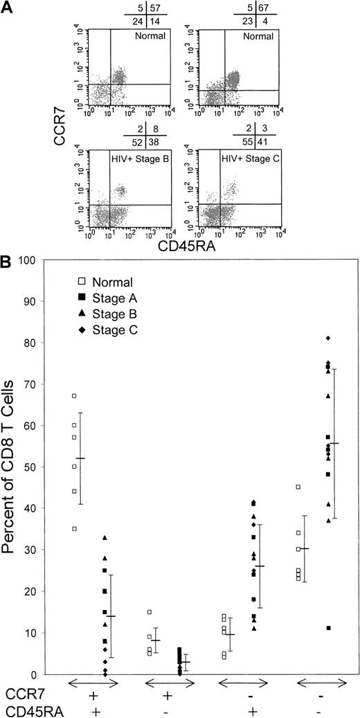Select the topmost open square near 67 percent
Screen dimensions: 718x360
(x=73, y=396)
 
